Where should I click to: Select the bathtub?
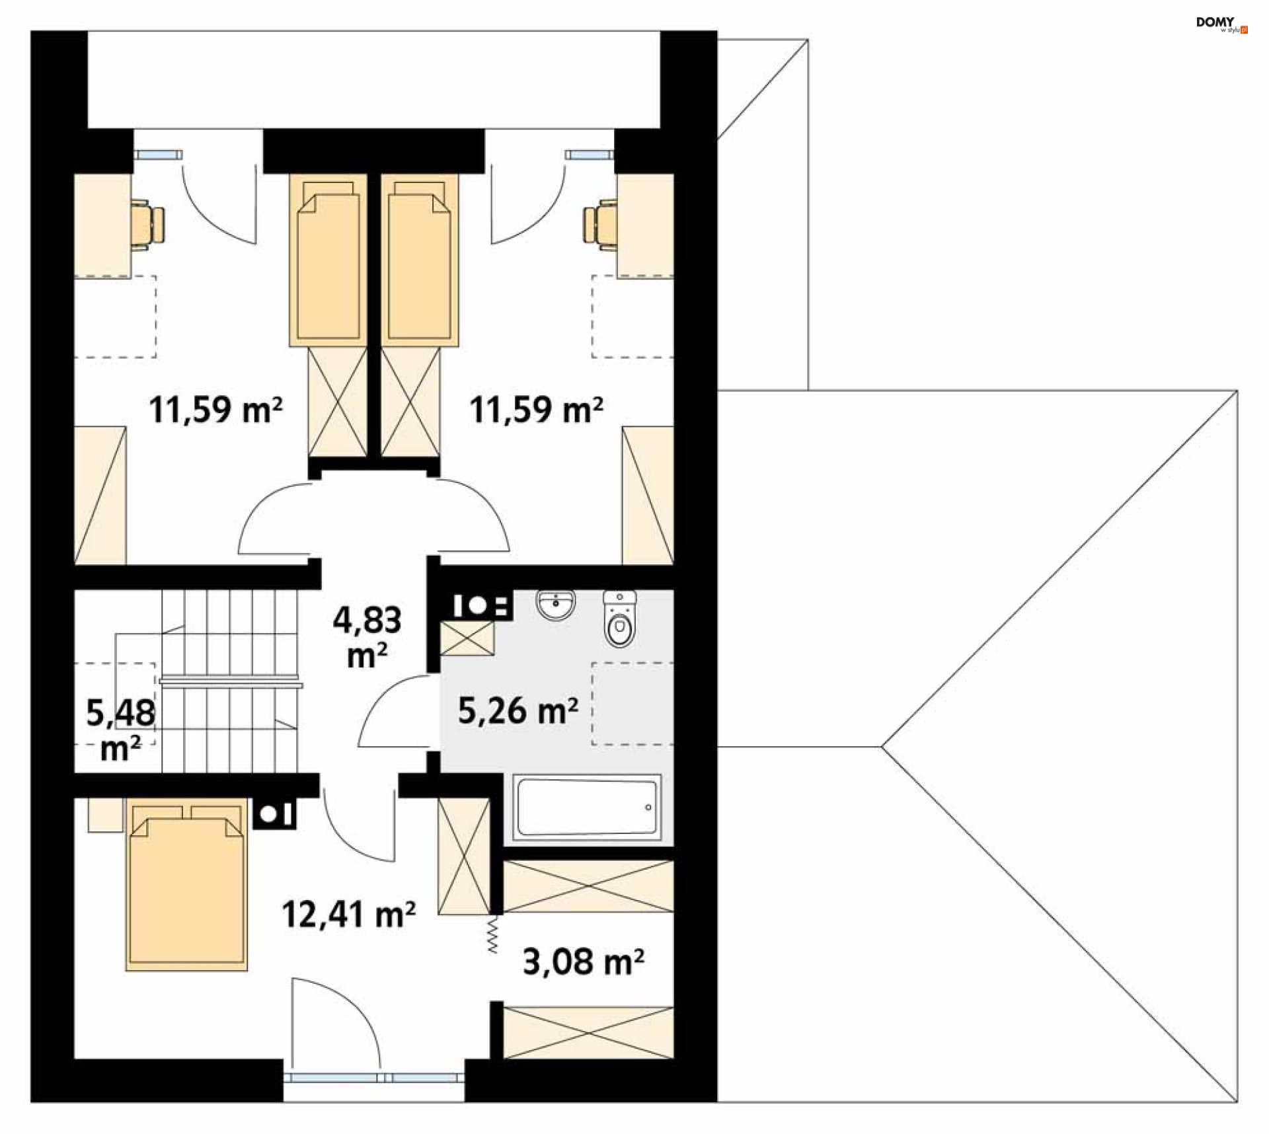(587, 808)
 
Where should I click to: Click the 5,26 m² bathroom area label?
(518, 711)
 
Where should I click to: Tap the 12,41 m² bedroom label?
(348, 915)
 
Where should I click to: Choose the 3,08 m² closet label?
(584, 962)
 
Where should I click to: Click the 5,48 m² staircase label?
(121, 730)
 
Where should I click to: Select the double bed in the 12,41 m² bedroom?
(186, 884)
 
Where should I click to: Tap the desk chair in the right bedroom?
(600, 225)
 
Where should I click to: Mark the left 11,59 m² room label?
(215, 410)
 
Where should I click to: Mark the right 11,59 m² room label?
(536, 410)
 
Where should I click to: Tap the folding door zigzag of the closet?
(493, 933)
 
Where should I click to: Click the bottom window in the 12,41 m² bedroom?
(374, 1078)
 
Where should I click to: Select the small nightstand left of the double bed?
(106, 815)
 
